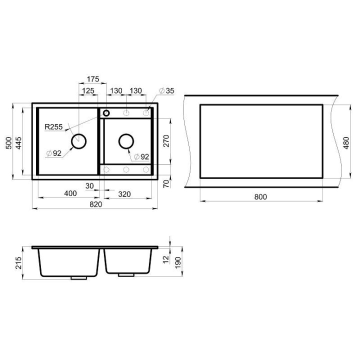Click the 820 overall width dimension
(95, 204)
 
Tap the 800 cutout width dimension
(260, 197)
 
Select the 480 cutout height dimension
(346, 143)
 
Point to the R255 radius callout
(53, 126)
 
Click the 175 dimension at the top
(93, 79)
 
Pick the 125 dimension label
(88, 90)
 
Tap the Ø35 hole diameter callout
(166, 90)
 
